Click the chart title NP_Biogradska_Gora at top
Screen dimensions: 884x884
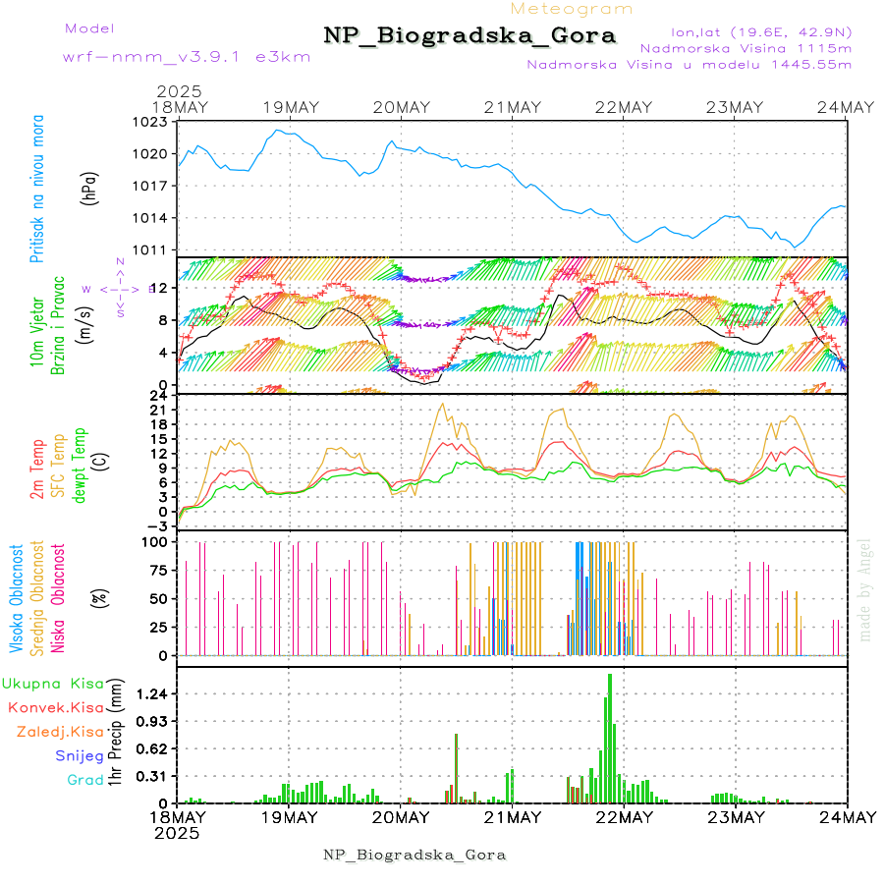click(470, 36)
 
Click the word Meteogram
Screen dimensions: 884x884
click(573, 9)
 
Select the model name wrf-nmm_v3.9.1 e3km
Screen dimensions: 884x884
click(187, 57)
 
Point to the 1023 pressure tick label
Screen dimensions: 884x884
click(152, 122)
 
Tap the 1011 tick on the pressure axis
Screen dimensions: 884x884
click(152, 249)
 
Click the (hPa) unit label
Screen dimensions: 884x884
click(89, 187)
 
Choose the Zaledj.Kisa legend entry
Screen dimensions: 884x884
click(59, 731)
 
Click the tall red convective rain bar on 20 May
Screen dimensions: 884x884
click(456, 766)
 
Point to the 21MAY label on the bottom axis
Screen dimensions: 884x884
click(513, 817)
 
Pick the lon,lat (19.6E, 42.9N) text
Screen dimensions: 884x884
click(761, 30)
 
